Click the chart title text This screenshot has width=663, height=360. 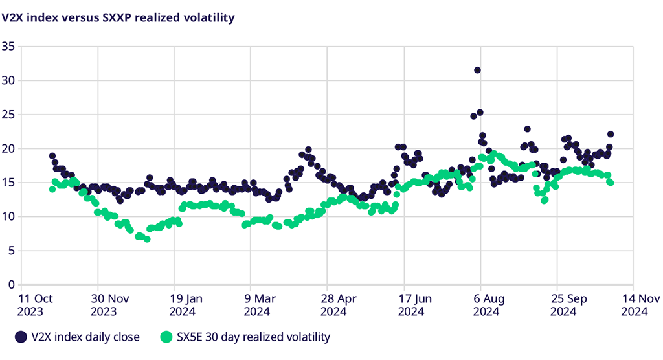pos(118,17)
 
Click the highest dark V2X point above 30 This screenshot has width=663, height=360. pos(477,70)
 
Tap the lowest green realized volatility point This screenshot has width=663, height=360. pos(147,239)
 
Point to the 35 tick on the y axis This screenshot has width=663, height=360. pos(8,47)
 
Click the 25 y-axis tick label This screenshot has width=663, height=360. pos(8,115)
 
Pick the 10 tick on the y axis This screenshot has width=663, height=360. pos(8,216)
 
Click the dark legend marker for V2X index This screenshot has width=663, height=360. pos(21,337)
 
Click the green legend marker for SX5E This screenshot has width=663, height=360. pos(166,337)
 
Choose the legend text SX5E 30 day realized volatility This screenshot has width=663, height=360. pos(253,337)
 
